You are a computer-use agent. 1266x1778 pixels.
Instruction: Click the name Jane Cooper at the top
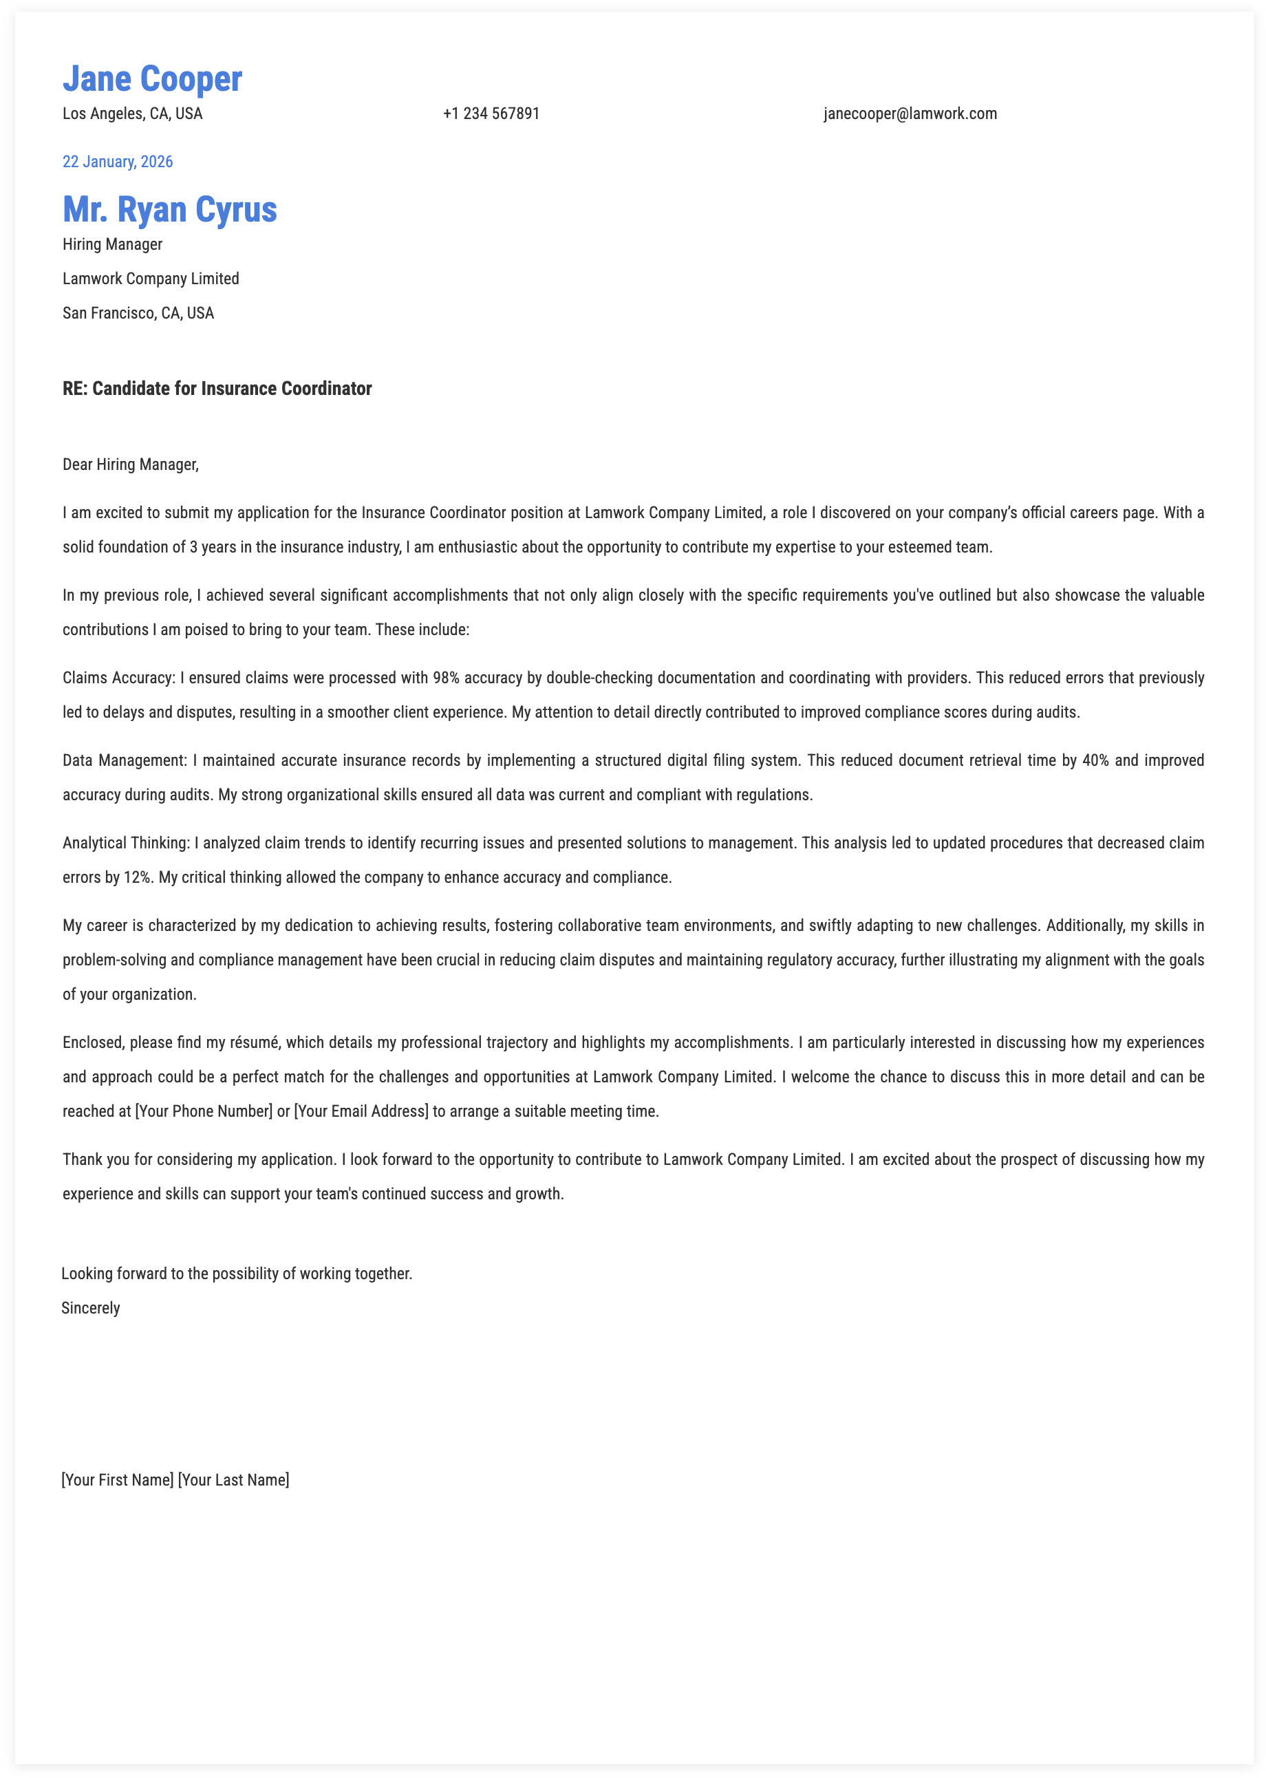152,78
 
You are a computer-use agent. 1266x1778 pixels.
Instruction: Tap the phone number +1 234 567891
491,114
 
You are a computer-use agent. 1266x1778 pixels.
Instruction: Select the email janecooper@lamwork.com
910,114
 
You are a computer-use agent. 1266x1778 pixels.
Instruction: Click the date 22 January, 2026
118,162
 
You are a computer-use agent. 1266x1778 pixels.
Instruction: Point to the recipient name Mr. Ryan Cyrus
170,210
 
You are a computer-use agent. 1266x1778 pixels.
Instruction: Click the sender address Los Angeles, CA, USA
133,114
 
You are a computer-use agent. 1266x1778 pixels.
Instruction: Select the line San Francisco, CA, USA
138,313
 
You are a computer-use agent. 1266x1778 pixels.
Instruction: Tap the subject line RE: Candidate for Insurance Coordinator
217,389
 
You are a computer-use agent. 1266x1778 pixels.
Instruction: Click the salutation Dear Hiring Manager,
131,464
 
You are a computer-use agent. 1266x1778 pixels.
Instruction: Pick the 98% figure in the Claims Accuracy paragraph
446,678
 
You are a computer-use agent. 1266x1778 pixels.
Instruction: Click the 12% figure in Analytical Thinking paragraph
137,878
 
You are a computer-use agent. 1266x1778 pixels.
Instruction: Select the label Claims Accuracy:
118,678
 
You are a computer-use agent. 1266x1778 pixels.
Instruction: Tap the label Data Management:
125,761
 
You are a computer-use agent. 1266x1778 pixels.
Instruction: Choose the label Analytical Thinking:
127,844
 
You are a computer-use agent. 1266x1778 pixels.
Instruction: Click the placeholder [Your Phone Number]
204,1111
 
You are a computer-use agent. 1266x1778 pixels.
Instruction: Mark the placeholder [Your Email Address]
361,1111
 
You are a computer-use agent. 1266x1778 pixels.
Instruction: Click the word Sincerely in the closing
90,1308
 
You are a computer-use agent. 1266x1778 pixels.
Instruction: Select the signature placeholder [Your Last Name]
233,1479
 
